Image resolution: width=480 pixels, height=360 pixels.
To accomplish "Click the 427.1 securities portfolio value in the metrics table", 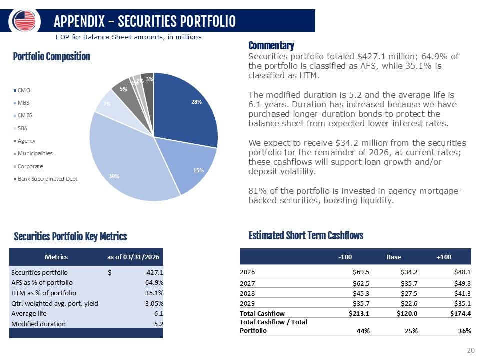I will tap(154, 273).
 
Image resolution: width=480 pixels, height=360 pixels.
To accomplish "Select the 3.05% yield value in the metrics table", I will tap(153, 303).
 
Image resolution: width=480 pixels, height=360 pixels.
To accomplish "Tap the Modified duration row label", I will tap(38, 324).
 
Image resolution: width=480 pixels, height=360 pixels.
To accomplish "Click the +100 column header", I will tap(444, 257).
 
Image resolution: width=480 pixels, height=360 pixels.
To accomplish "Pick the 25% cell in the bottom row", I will tap(411, 331).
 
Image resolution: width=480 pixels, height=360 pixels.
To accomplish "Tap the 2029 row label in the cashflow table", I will tap(247, 304).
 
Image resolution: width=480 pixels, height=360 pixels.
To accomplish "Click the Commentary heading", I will tap(271, 46).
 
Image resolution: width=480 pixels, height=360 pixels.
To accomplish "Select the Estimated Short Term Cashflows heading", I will tap(305, 236).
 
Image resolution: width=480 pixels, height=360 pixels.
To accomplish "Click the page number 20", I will tap(470, 350).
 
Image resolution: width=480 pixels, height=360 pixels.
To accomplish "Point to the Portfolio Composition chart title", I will tap(51, 57).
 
